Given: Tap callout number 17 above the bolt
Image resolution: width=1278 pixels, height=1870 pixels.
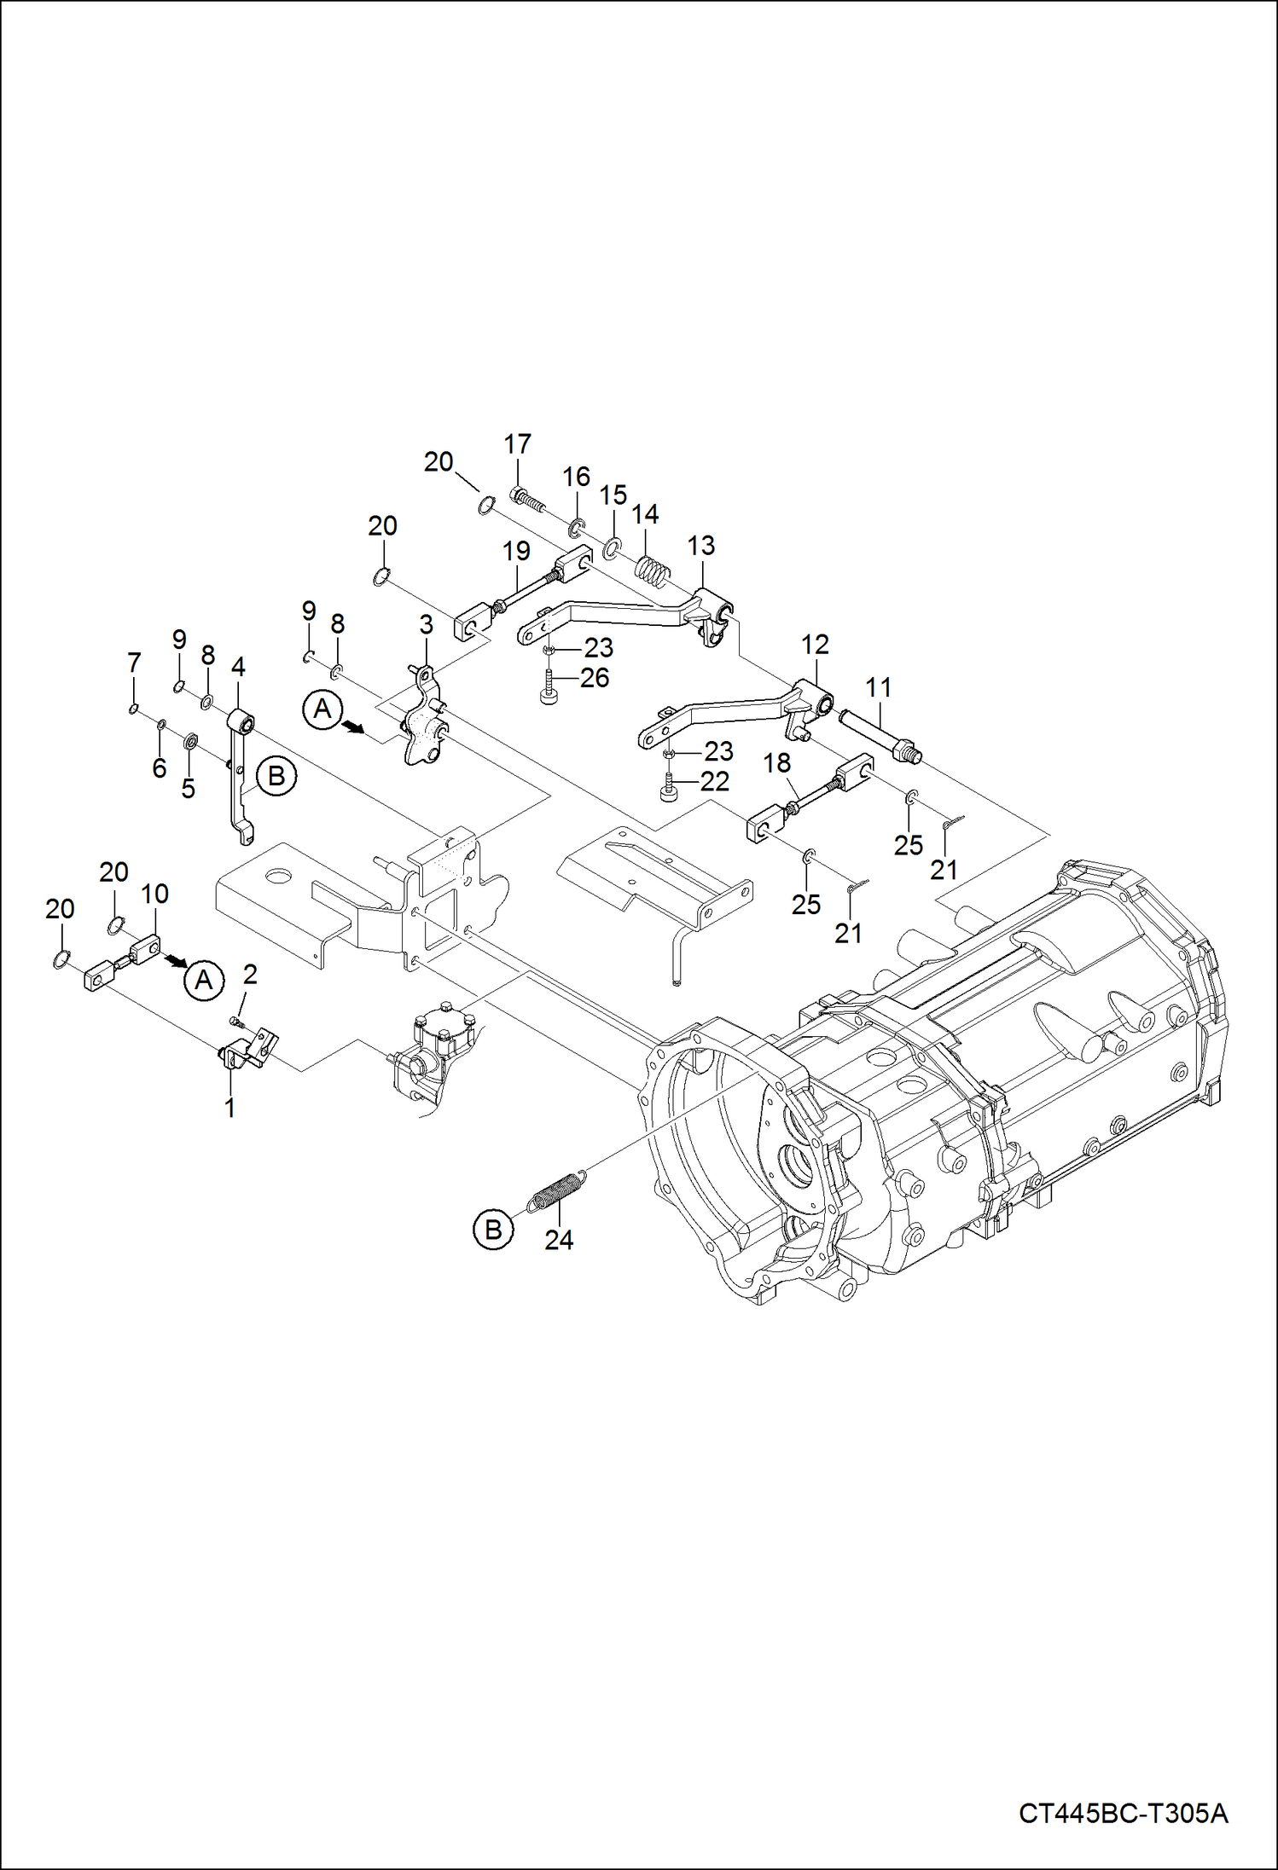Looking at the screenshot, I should [517, 444].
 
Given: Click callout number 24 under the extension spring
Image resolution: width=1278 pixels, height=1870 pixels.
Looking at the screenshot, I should [559, 1241].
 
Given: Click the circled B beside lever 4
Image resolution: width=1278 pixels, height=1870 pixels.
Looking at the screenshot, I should [276, 776].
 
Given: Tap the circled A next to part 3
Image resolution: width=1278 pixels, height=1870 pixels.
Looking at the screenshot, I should [322, 709].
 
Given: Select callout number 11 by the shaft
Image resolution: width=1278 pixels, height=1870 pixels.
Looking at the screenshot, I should [878, 687].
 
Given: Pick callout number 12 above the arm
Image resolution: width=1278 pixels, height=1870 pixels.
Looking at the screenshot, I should [815, 645].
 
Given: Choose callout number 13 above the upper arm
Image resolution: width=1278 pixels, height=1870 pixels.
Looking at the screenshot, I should [700, 546].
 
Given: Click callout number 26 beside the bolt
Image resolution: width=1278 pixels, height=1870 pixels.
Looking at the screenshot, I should [595, 678].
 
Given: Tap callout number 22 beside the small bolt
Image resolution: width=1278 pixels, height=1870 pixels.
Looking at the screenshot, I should [715, 781].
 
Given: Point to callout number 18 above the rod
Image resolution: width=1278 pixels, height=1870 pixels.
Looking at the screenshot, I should [776, 763].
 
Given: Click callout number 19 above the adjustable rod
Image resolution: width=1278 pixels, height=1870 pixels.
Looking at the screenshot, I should [516, 551].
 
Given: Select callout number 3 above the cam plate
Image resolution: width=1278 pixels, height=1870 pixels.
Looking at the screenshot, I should [426, 625].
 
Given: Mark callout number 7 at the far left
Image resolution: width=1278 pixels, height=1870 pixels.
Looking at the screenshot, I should [133, 663].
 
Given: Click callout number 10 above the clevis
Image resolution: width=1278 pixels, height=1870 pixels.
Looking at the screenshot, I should [154, 894].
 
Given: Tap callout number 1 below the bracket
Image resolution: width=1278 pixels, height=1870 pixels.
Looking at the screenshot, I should [229, 1108].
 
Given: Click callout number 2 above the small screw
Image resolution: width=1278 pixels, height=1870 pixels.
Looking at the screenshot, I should [250, 974].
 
